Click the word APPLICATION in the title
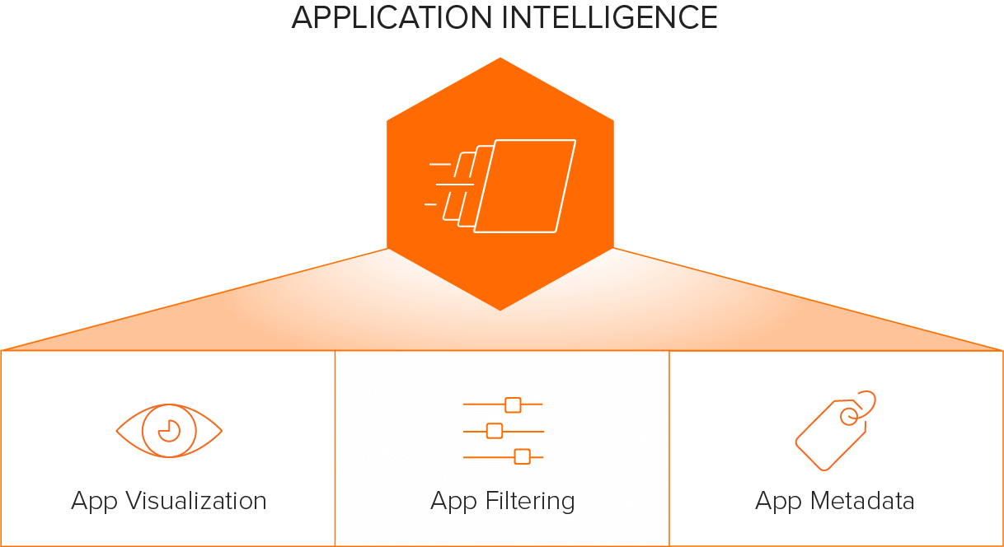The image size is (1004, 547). coord(392,18)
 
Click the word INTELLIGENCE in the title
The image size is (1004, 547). coord(610,18)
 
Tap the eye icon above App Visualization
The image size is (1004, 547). coord(169,431)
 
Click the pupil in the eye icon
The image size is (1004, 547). coord(169,431)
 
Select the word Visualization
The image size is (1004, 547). coord(196,500)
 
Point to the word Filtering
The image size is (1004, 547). coord(530,502)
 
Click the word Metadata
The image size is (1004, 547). coord(862,500)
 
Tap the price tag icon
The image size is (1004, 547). coord(835,431)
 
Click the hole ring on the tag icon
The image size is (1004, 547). coord(849,417)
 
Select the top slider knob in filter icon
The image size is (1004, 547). coord(513,404)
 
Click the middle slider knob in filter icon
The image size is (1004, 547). coord(495,431)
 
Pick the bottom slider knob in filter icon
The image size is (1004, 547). coord(522,457)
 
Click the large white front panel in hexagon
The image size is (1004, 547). coord(525,186)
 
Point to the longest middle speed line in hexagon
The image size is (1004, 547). coord(454,185)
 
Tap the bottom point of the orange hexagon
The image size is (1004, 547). coord(500,310)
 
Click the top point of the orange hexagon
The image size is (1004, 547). coord(500,58)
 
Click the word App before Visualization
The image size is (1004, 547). coord(94,502)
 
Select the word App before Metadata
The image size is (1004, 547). coord(778,502)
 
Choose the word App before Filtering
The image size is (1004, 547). coord(453,502)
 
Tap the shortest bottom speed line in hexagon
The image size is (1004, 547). coord(430,204)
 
